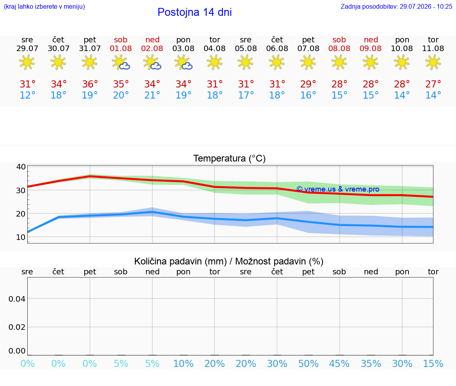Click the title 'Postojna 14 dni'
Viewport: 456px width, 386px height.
[x=195, y=12]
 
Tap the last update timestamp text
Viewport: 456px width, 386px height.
[x=396, y=6]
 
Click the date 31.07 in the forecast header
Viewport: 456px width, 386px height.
[x=89, y=49]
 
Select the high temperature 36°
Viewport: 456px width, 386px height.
[x=90, y=84]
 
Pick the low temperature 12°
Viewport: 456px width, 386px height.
[x=27, y=95]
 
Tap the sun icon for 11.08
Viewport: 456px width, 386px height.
[x=433, y=62]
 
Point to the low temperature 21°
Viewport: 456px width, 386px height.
[x=152, y=95]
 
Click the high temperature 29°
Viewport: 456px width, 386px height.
[x=308, y=84]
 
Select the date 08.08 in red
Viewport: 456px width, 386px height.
[x=339, y=49]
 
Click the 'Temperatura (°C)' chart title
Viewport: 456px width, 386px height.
[x=230, y=158]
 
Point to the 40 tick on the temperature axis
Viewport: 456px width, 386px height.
[x=21, y=167]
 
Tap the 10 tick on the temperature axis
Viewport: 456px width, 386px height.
[x=21, y=237]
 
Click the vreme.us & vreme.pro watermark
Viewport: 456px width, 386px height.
[x=338, y=189]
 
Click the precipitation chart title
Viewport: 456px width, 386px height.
[x=228, y=261]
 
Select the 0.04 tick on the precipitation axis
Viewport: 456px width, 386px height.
[x=17, y=299]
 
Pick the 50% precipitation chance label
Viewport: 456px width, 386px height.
[x=308, y=363]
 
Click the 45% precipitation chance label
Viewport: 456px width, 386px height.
[x=339, y=363]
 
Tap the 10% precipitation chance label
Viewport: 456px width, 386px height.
[x=183, y=363]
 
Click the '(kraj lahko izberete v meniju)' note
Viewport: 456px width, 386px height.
[x=44, y=6]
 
